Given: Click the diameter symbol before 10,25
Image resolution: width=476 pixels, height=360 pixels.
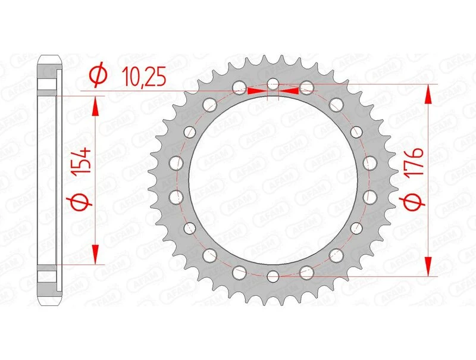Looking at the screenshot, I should (97, 76).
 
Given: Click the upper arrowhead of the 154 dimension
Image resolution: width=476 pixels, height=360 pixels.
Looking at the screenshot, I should (94, 107).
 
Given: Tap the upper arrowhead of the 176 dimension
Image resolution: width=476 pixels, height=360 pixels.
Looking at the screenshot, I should (428, 94).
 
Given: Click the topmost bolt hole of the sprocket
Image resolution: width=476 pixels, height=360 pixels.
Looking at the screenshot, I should (273, 83).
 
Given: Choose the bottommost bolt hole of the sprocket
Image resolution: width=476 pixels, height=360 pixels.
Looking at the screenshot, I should (273, 276).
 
